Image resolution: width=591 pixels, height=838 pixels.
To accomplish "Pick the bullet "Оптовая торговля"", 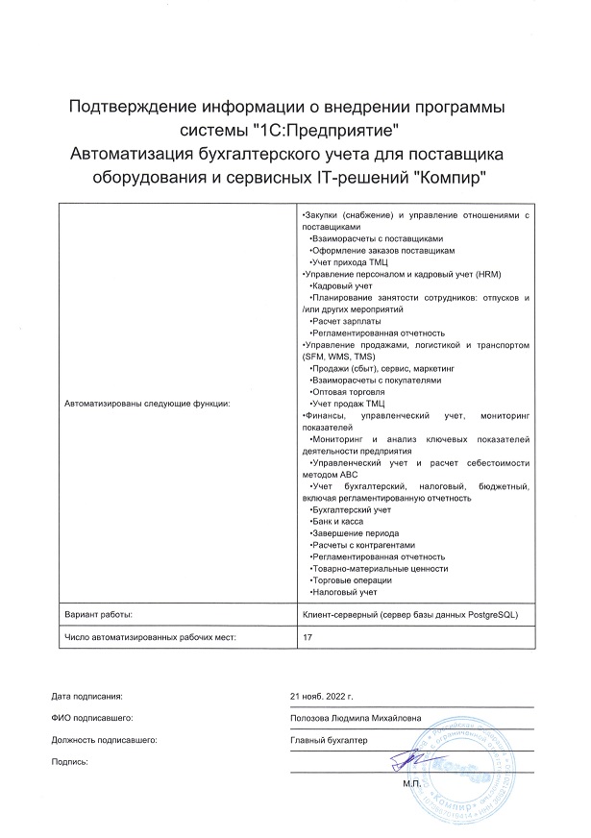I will (x=348, y=392).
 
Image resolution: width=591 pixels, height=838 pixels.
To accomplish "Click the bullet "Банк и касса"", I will (x=340, y=521).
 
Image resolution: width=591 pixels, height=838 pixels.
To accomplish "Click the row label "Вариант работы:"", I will (x=98, y=613).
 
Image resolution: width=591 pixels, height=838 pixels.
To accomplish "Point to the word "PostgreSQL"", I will (x=490, y=613).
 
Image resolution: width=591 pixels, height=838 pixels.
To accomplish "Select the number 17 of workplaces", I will (x=308, y=636).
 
